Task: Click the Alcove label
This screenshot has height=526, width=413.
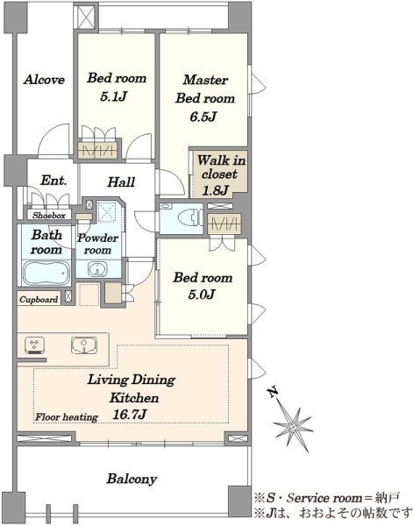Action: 44,80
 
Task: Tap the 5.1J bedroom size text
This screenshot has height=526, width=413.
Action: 113,97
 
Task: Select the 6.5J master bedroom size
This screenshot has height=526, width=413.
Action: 203,117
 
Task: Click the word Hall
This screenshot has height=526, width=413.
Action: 122,182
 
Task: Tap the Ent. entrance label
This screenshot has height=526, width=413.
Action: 53,181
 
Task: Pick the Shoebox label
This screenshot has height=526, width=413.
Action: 49,216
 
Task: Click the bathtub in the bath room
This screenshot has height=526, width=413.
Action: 46,273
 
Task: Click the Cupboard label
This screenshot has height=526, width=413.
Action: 39,299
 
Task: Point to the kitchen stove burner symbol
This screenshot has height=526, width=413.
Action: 35,346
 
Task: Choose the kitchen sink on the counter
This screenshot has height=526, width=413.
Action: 84,345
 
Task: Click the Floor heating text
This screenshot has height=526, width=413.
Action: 67,417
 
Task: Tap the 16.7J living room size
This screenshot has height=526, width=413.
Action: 129,415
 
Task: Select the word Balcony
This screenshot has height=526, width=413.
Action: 132,479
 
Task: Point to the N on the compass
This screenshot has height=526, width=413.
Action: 273,392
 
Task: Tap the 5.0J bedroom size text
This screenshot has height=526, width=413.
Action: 201,295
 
